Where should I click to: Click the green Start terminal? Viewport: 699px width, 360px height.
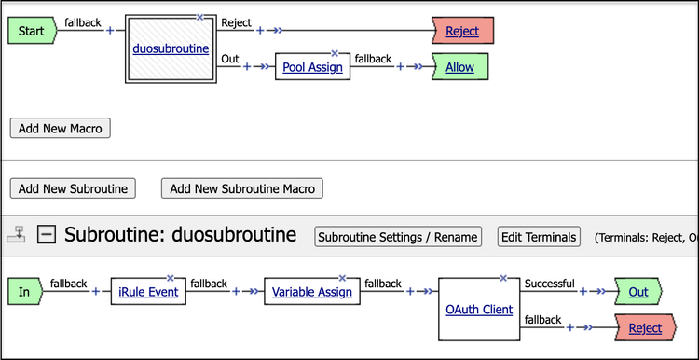pyautogui.click(x=32, y=31)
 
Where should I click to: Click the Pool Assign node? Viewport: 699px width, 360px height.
pyautogui.click(x=312, y=67)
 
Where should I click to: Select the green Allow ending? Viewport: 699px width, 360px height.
pyautogui.click(x=459, y=67)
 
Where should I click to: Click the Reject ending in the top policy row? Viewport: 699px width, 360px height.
pyautogui.click(x=461, y=31)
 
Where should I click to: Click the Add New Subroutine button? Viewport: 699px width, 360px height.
pyautogui.click(x=73, y=188)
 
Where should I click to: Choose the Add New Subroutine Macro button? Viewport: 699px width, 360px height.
pyautogui.click(x=242, y=188)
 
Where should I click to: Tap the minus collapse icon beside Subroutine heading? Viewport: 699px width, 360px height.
pyautogui.click(x=47, y=235)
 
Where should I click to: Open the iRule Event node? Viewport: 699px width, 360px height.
pyautogui.click(x=148, y=292)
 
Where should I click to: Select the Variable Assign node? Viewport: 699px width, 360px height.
pyautogui.click(x=311, y=292)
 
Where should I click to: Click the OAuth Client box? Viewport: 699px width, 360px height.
pyautogui.click(x=477, y=309)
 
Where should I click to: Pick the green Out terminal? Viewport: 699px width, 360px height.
pyautogui.click(x=637, y=292)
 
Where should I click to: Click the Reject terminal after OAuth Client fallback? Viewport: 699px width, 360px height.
pyautogui.click(x=645, y=328)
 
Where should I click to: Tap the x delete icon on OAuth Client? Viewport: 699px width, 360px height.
pyautogui.click(x=503, y=278)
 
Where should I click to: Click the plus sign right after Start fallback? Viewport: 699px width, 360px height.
pyautogui.click(x=110, y=31)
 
